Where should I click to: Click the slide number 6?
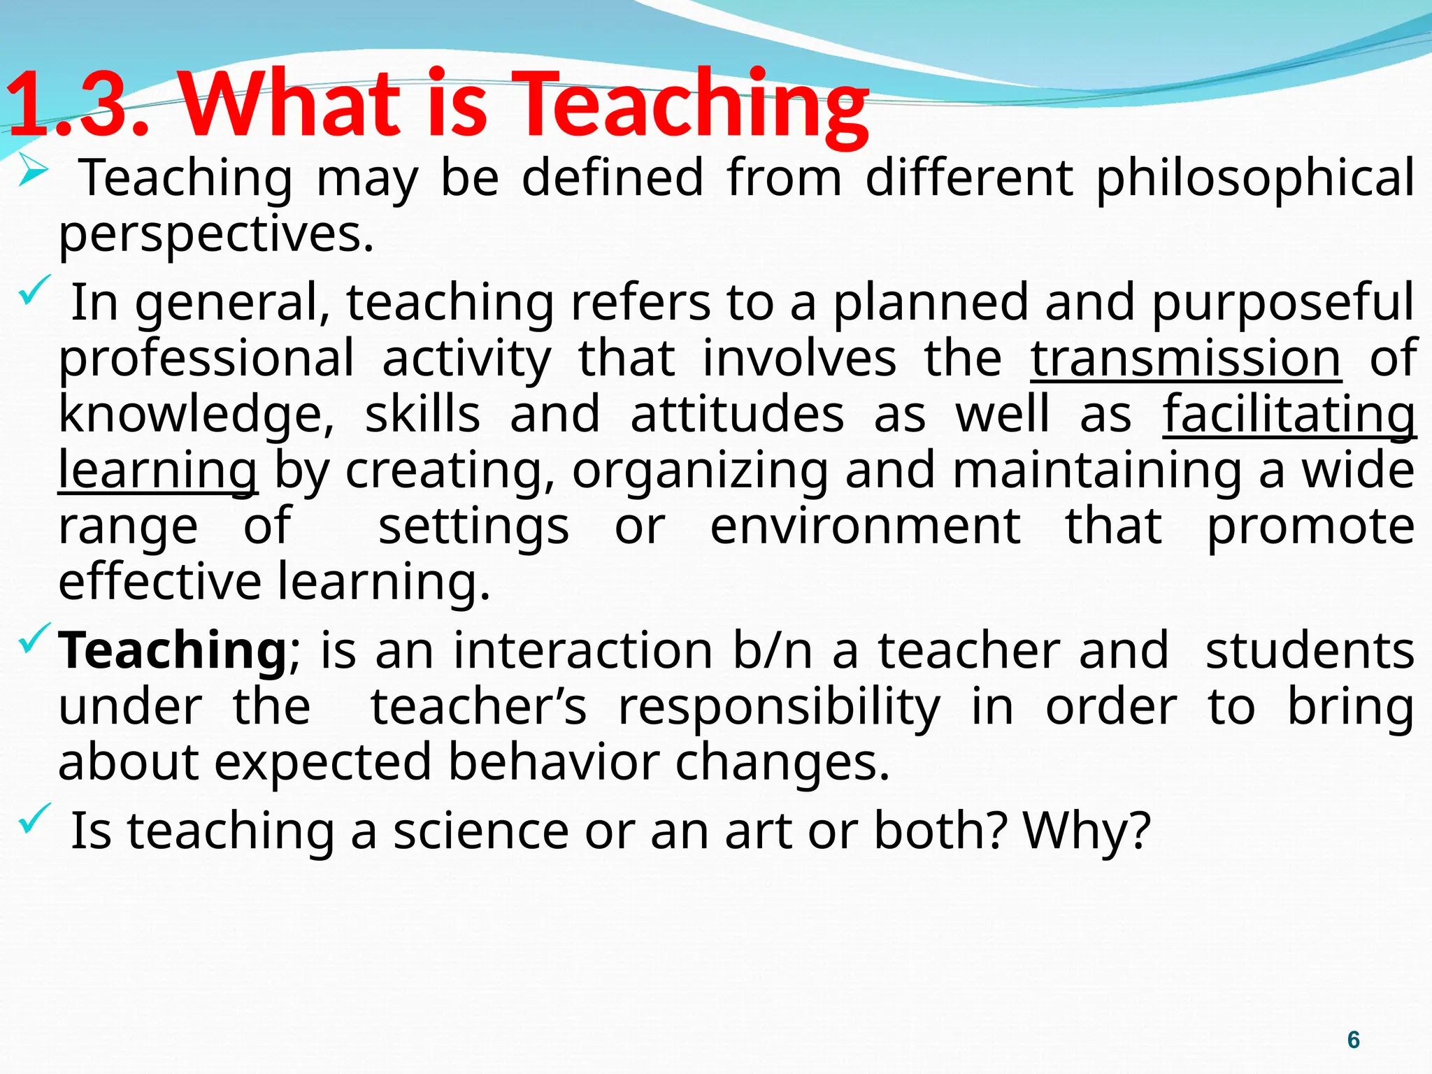click(1354, 1040)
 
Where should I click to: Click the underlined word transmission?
click(1186, 359)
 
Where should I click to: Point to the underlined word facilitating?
click(1289, 415)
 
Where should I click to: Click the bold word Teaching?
click(172, 650)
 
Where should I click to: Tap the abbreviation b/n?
click(773, 650)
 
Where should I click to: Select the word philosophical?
click(1255, 178)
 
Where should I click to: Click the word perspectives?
click(215, 234)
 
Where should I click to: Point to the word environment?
click(866, 526)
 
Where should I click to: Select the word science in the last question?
click(481, 831)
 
